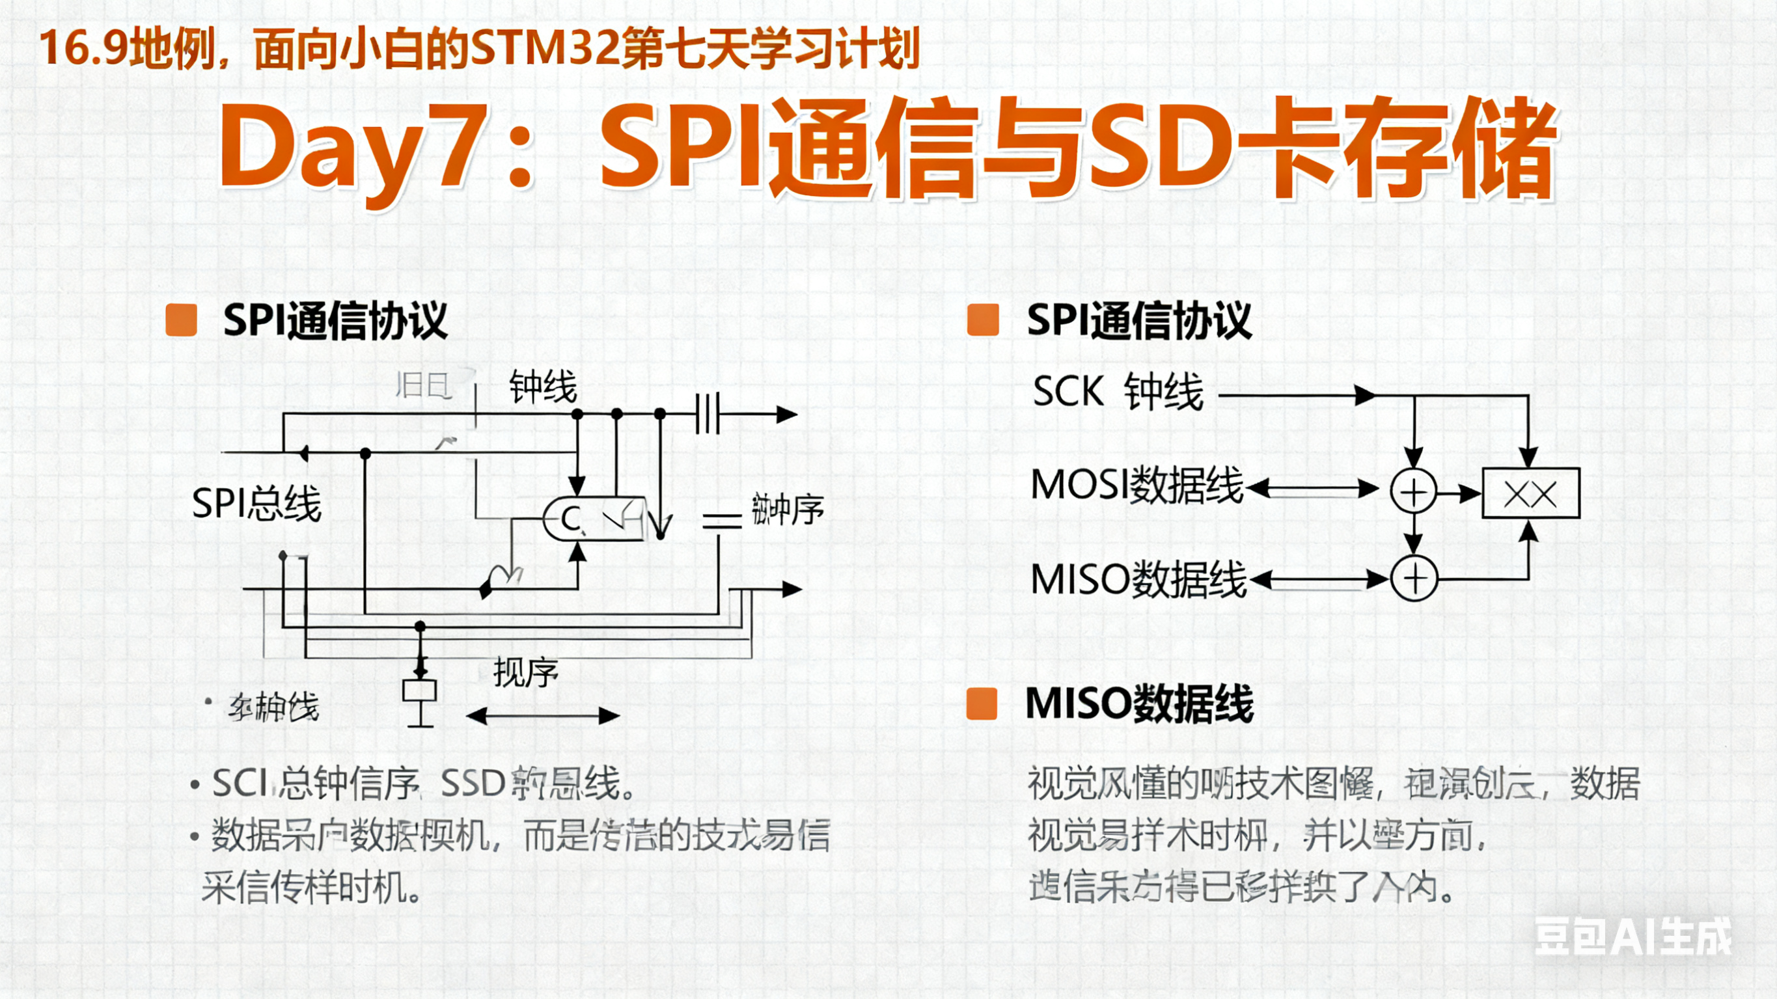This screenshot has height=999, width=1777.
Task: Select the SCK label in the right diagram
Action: point(1068,392)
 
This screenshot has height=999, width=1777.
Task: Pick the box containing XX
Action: point(1531,493)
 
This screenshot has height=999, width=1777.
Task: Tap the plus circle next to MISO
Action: point(1414,578)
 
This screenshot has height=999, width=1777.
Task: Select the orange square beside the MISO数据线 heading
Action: point(982,704)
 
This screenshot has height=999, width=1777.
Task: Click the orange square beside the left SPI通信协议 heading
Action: point(182,320)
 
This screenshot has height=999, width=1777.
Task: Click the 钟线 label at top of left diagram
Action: point(543,387)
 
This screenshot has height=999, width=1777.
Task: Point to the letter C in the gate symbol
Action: point(570,519)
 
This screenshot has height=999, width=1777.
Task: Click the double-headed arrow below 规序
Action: point(543,715)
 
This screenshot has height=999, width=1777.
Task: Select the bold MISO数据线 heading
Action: point(1140,704)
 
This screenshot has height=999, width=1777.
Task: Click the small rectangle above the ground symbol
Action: point(419,691)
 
